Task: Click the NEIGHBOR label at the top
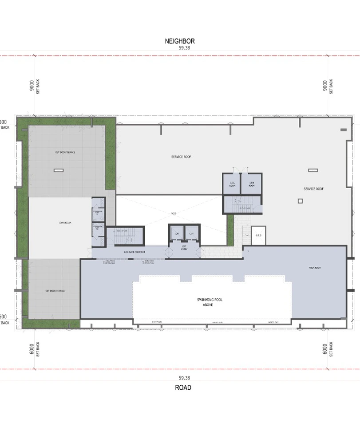pos(180,41)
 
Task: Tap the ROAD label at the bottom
pos(182,387)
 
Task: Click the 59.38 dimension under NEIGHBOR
pos(180,47)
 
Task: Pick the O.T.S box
pos(258,235)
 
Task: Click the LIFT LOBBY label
pos(184,248)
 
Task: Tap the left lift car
pos(177,233)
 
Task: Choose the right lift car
pos(192,233)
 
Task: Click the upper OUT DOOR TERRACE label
pos(65,152)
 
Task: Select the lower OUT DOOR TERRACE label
pos(55,291)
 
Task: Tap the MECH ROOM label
pos(315,268)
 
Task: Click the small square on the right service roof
pos(300,201)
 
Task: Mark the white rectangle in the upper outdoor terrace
pos(58,170)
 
